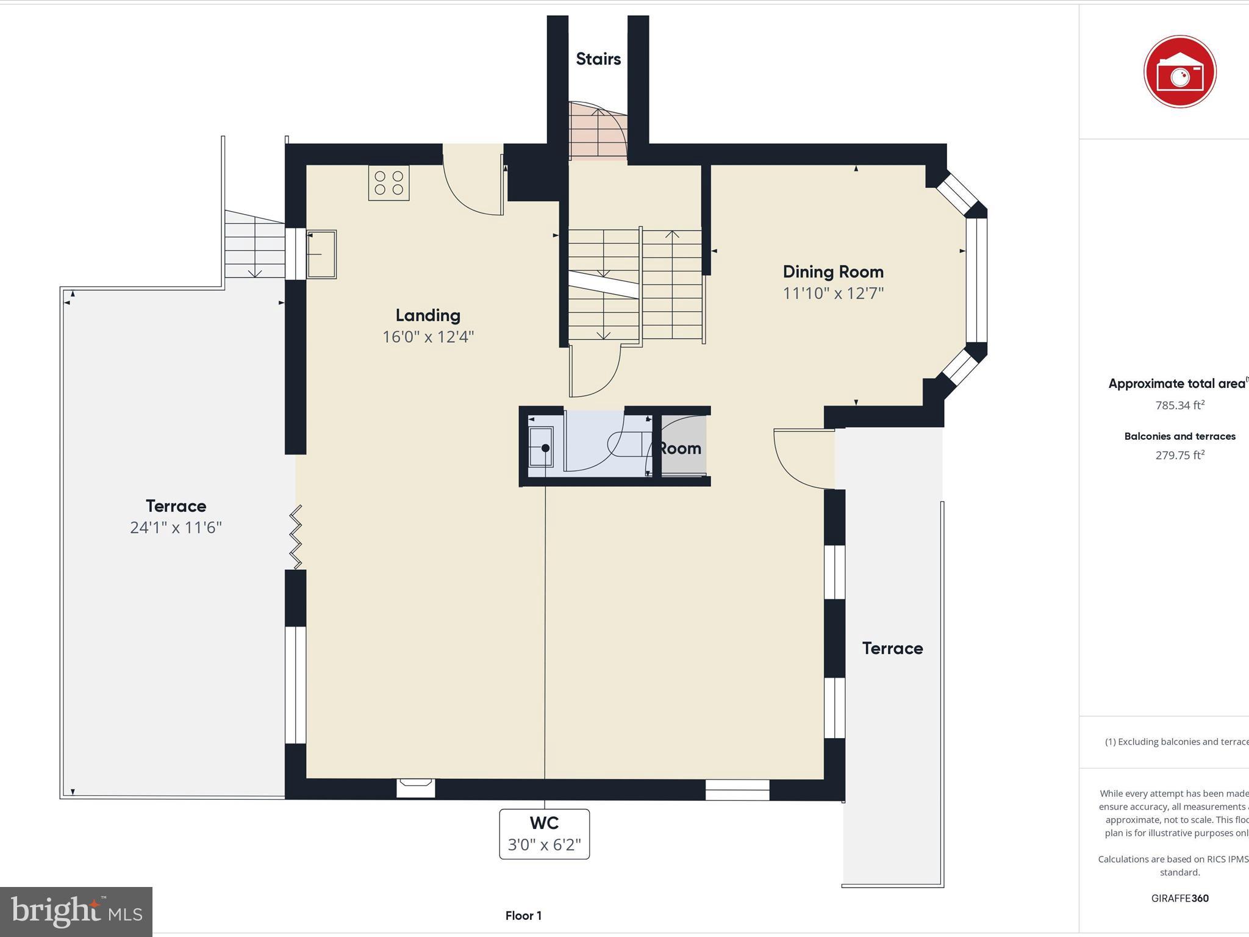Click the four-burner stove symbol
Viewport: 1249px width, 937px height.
point(388,183)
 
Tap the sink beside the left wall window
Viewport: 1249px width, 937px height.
point(321,254)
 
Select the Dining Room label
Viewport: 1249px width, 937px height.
point(833,271)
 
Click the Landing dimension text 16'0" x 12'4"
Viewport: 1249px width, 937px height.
point(428,337)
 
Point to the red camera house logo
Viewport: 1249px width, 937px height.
point(1179,72)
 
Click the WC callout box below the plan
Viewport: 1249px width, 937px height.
point(544,833)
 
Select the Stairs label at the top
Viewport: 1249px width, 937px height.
point(598,59)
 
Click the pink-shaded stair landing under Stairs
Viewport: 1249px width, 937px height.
point(596,132)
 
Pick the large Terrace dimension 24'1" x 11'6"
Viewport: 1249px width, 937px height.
point(176,528)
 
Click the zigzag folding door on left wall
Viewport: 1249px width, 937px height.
point(296,537)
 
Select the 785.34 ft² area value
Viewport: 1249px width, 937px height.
point(1179,406)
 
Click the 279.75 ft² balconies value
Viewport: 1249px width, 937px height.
point(1179,455)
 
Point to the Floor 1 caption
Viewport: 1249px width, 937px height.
point(523,916)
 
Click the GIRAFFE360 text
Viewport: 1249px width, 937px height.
point(1179,898)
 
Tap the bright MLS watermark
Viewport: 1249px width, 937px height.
point(76,911)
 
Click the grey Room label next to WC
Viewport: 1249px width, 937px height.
point(681,448)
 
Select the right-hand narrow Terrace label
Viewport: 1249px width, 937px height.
point(892,648)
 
